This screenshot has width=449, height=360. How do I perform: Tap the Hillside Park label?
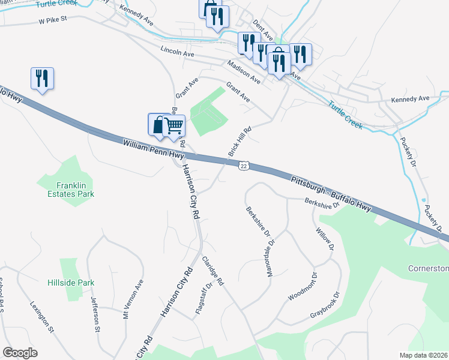(71, 282)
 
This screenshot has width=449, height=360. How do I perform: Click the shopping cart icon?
(173, 126)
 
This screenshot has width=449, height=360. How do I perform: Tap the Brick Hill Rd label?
(239, 142)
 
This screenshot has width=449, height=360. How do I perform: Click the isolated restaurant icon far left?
(42, 79)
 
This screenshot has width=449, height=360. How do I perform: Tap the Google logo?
(20, 353)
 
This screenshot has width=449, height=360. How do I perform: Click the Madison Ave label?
(244, 71)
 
